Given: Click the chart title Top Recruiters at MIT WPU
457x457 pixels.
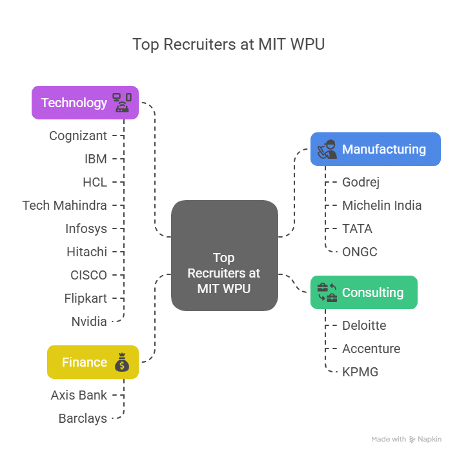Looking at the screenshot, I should (x=228, y=45).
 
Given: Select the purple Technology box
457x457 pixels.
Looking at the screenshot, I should (x=85, y=103).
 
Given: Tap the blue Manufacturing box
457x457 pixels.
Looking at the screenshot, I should (x=375, y=149).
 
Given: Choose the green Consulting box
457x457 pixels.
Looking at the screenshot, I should (x=364, y=292).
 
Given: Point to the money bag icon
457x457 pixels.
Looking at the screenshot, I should (x=122, y=363).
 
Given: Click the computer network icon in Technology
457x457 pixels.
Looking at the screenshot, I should (x=122, y=103).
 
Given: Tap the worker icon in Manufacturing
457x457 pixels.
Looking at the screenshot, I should (x=327, y=149).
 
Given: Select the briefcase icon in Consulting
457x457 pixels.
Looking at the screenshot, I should (x=327, y=292).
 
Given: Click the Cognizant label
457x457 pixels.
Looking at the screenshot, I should (x=78, y=136).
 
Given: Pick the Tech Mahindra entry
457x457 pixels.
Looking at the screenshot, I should (x=65, y=205).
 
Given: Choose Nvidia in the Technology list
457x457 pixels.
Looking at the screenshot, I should (x=89, y=321).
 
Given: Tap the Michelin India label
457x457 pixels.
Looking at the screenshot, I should (x=381, y=205).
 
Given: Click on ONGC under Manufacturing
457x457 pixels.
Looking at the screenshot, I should (x=360, y=252).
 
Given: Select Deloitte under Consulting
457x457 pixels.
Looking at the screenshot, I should (x=364, y=325).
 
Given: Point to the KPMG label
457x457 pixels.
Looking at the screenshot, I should (x=360, y=372).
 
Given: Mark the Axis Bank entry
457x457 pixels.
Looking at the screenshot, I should (x=79, y=395).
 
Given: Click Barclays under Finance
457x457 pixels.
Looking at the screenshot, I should (x=83, y=418).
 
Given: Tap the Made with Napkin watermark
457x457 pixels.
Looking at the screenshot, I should (x=407, y=439).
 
